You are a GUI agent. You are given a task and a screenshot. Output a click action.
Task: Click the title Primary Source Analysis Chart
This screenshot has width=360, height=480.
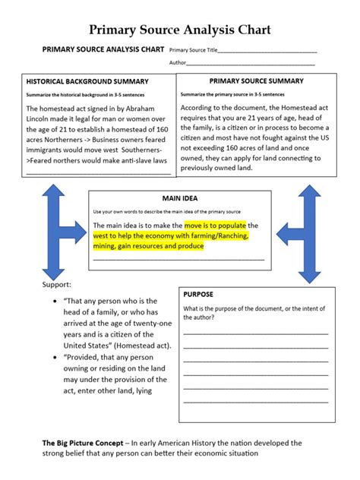(179, 30)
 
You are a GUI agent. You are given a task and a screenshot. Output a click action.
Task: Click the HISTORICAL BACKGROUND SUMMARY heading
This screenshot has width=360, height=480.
(87, 81)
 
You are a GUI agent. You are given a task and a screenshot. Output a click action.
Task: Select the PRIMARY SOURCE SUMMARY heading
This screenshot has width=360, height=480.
(256, 81)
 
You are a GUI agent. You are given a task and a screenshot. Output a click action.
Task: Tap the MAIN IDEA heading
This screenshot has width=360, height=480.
(179, 197)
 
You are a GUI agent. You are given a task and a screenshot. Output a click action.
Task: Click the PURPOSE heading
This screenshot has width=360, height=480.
(199, 294)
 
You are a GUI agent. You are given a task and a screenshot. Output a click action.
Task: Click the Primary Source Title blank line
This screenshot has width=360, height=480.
(267, 52)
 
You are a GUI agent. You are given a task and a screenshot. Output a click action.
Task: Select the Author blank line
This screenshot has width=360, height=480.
(251, 64)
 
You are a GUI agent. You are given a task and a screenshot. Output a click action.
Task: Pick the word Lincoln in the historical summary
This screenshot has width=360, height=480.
(44, 119)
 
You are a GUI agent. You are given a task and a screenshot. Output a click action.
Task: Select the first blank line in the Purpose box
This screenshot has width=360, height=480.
(255, 333)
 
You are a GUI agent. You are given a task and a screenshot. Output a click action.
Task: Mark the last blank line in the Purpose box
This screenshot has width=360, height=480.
(255, 402)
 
